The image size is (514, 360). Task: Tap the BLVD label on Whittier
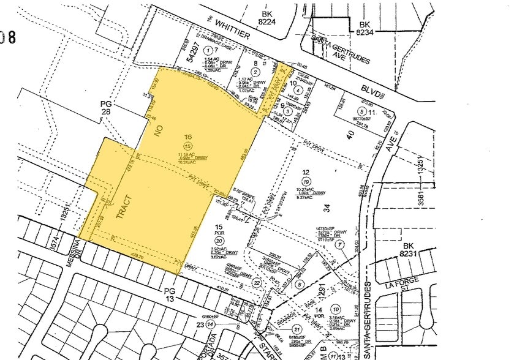point(372,92)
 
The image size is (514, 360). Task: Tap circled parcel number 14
point(211,323)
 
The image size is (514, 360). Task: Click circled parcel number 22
point(257,283)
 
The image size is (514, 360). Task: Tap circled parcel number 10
point(336,309)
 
